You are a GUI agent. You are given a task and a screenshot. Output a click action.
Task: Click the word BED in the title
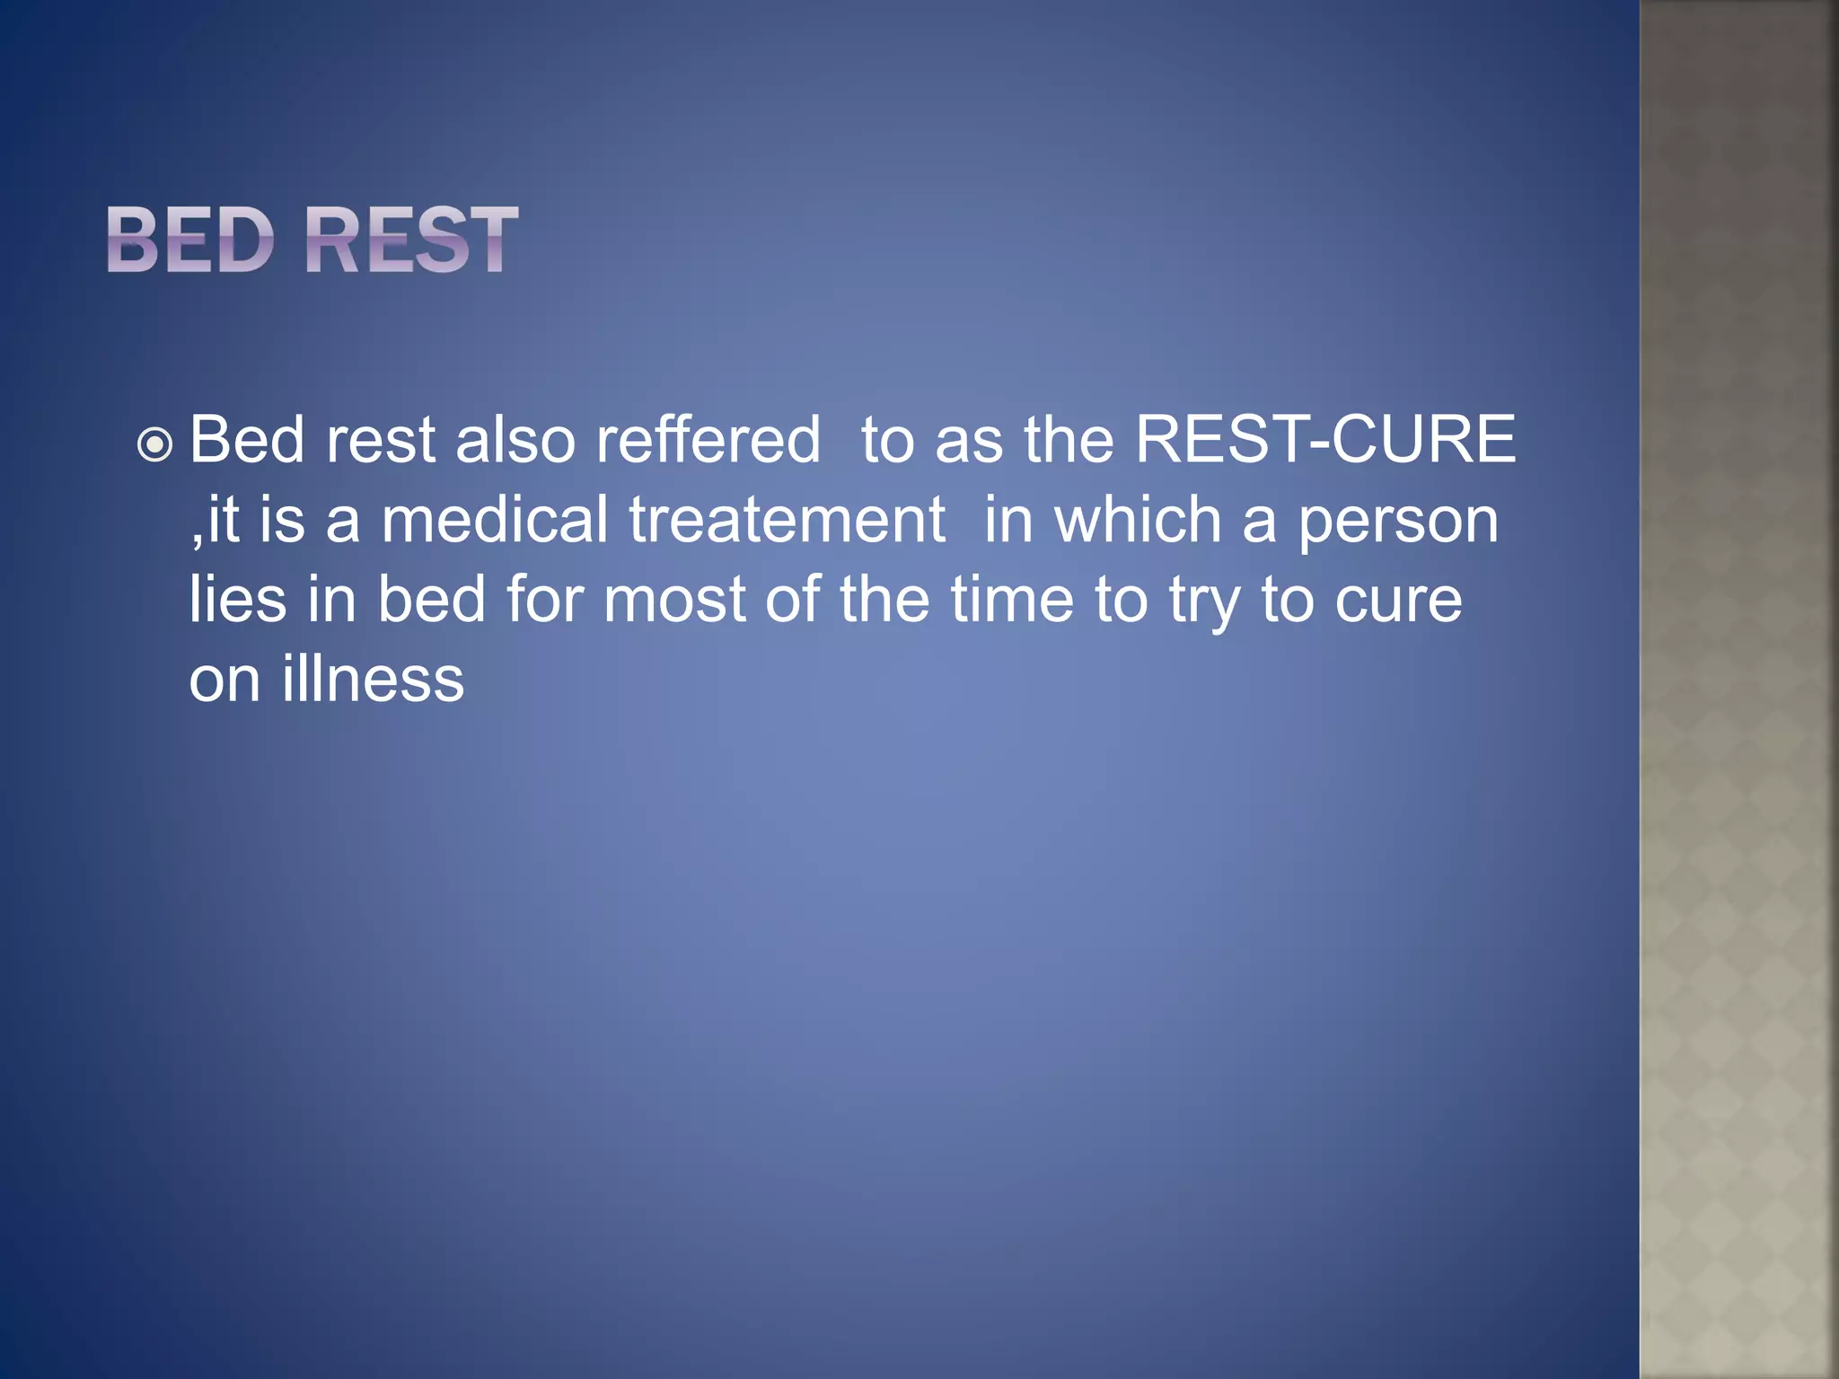click(189, 240)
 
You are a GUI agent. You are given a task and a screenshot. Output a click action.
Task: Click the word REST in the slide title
click(411, 240)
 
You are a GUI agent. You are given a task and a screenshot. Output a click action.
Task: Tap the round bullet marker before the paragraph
click(154, 444)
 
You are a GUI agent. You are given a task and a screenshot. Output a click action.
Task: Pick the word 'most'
click(673, 601)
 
